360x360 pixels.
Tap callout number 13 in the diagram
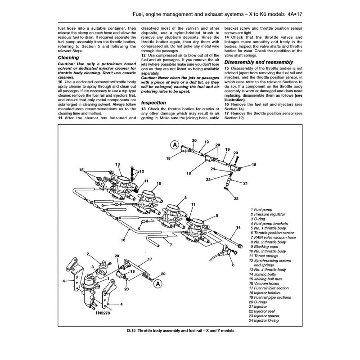click(x=118, y=165)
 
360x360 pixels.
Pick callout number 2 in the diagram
click(x=89, y=254)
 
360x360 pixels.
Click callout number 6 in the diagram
click(x=233, y=266)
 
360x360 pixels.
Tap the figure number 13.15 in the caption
click(x=133, y=331)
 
